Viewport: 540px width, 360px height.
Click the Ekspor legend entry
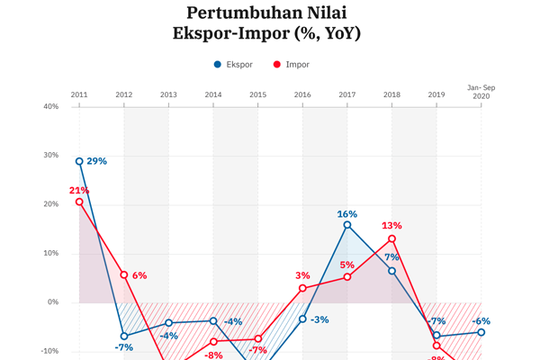click(234, 65)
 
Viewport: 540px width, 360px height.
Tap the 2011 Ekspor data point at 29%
click(79, 162)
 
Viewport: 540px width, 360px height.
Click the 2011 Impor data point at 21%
click(79, 202)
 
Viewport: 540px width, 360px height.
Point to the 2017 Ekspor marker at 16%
click(347, 225)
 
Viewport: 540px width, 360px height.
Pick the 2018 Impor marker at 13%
click(392, 238)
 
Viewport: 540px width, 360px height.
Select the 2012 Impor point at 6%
click(123, 274)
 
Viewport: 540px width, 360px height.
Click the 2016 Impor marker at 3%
click(302, 288)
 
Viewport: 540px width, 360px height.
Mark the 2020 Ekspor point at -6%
click(481, 332)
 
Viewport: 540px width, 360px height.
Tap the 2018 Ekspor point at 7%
click(392, 270)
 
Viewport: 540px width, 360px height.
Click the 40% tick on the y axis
click(50, 106)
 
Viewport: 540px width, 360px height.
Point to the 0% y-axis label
click(53, 302)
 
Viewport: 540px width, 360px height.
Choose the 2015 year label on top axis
click(257, 94)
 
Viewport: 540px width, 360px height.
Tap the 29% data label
click(97, 161)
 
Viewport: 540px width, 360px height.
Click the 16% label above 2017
click(347, 214)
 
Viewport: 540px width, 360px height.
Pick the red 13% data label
click(391, 226)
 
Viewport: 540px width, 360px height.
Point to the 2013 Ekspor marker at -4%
click(168, 322)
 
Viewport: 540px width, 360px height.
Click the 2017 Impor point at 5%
click(347, 277)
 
